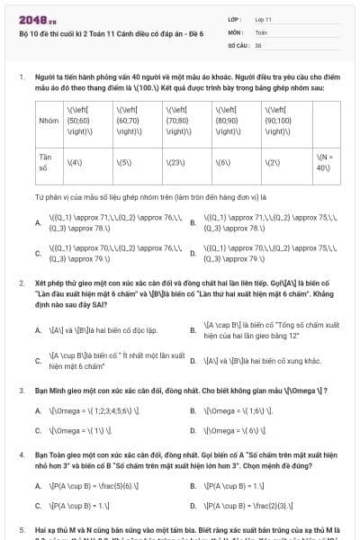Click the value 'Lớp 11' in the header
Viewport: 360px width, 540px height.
[x=262, y=18]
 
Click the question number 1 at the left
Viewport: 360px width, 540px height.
[x=21, y=77]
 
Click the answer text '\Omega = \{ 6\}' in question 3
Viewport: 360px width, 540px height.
[x=234, y=430]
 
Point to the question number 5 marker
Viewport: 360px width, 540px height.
[x=21, y=531]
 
